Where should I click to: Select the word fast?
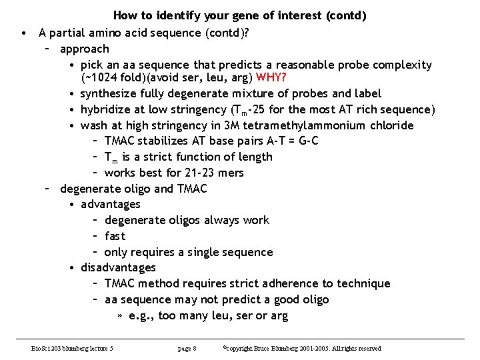115,236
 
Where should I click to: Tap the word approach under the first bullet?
84,49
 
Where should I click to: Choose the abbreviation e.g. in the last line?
142,315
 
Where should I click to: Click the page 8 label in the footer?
187,349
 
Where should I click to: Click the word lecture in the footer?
95,349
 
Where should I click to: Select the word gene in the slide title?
235,15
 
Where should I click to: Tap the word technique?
364,283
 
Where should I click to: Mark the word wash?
93,125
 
